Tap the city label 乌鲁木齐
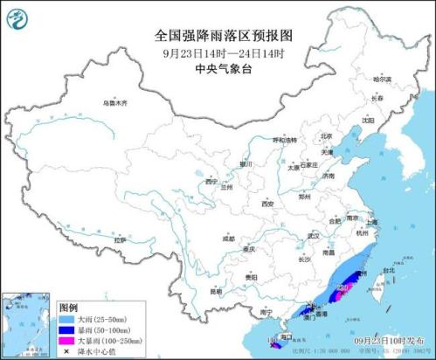tap(114, 103)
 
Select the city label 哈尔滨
tap(383, 80)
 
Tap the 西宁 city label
tap(211, 182)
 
